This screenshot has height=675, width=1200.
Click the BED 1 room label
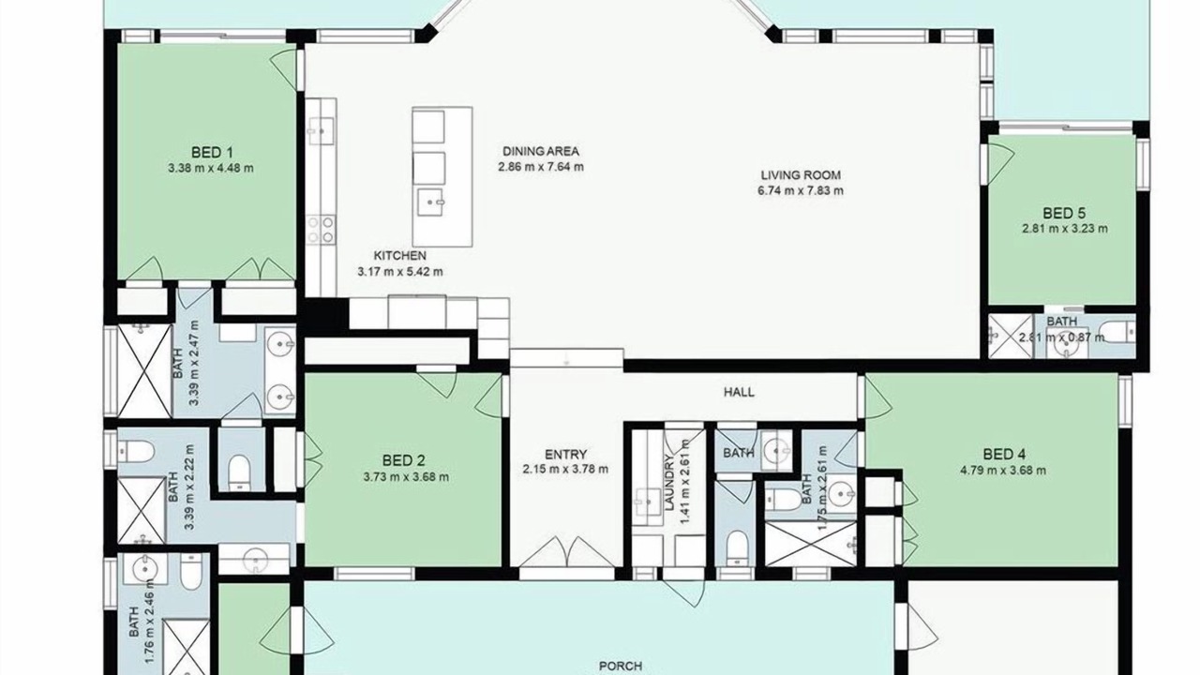pos(212,153)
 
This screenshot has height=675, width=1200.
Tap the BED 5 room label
pos(1064,213)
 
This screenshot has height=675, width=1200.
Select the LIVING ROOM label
pos(801,175)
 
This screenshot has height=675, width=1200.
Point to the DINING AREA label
pos(541,152)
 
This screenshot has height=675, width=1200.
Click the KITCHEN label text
pos(399,256)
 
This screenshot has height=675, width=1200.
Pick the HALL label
pos(740,392)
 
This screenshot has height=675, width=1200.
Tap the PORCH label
pos(621,667)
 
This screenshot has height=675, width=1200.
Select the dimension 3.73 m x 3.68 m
pos(406,477)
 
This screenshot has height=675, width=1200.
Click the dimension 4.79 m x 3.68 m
pos(1003,471)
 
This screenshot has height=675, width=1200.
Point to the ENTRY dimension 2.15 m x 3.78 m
pos(565,470)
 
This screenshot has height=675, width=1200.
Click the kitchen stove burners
pos(321,230)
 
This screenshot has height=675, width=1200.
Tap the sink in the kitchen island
pos(430,202)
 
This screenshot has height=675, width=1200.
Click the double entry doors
pos(567,552)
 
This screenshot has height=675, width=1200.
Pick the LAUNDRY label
pos(668,482)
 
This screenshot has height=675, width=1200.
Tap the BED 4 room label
pos(1004,455)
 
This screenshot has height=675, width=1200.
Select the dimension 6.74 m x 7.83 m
pos(801,190)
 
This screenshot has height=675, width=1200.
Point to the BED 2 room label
pos(403,460)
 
